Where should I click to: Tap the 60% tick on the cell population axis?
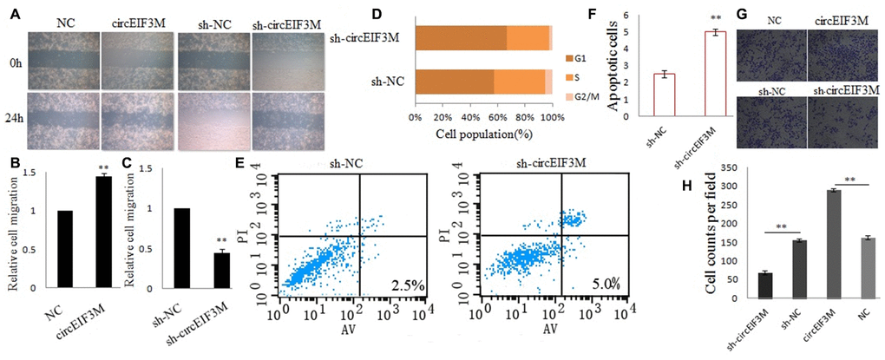coord(497,117)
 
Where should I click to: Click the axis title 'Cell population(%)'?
coord(483,134)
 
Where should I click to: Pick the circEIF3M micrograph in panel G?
coord(842,53)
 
